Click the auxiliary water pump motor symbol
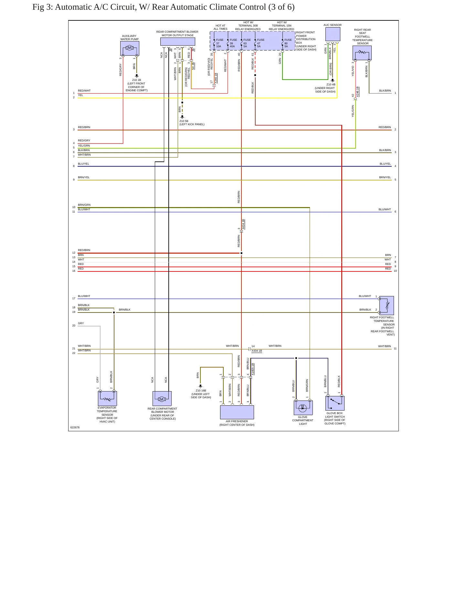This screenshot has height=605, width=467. (x=130, y=48)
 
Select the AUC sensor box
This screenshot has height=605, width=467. (x=333, y=34)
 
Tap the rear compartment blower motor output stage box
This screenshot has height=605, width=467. (x=178, y=42)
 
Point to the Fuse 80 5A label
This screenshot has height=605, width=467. (x=288, y=43)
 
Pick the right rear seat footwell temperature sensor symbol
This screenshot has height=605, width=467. (x=362, y=53)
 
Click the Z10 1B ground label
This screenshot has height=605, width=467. (x=137, y=85)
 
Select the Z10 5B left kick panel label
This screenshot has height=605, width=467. (x=192, y=123)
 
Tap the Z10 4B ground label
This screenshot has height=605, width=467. (x=325, y=88)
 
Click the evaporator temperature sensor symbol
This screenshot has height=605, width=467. (x=107, y=398)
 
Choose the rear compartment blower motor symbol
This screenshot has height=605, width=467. (x=162, y=398)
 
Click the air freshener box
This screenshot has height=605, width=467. (x=237, y=412)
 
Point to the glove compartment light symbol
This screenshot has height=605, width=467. (x=303, y=408)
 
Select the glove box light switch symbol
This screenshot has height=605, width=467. (x=335, y=403)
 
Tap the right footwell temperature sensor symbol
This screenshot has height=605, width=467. (x=387, y=305)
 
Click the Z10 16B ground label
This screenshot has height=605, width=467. (x=201, y=394)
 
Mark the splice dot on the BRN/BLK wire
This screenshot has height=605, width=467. (x=114, y=313)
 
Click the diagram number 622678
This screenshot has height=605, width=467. (x=75, y=427)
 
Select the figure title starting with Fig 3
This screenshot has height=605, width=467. (x=164, y=7)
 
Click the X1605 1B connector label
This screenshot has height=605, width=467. (x=253, y=369)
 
